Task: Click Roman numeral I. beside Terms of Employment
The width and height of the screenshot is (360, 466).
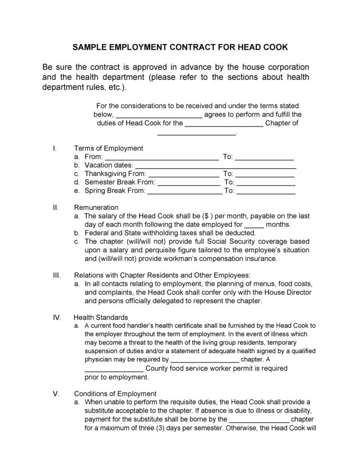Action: [x=55, y=148]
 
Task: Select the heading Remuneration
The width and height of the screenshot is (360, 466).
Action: [x=96, y=207]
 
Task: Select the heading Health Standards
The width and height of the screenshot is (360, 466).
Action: [x=101, y=317]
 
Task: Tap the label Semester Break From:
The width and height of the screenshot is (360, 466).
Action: [x=120, y=182]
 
